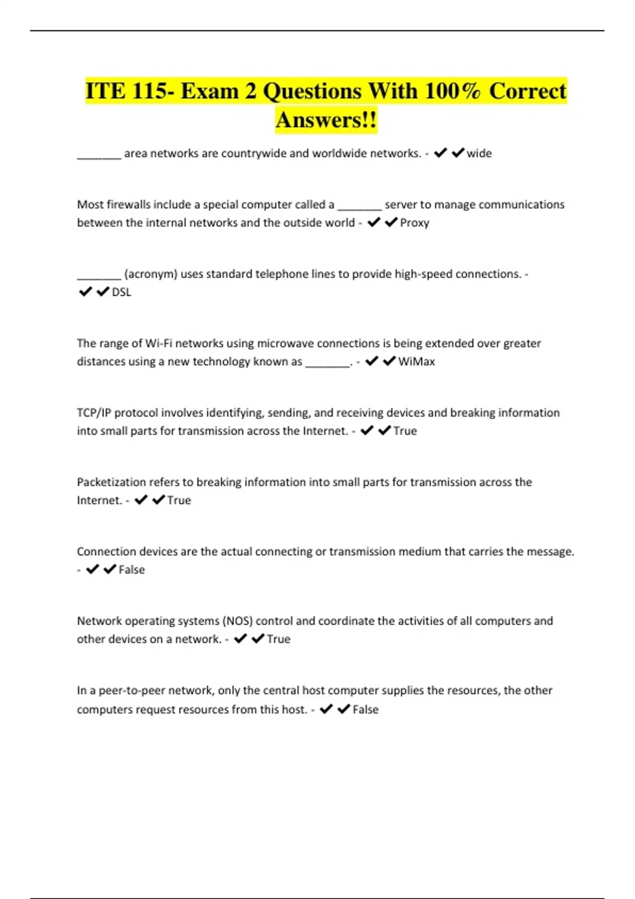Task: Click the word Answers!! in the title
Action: [326, 120]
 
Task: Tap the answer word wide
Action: [479, 153]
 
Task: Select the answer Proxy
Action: [414, 223]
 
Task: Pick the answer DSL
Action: [121, 292]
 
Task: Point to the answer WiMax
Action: [416, 362]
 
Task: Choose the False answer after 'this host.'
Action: [365, 710]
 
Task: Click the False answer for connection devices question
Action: [131, 570]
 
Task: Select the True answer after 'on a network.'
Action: [278, 639]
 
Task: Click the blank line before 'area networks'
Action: [99, 157]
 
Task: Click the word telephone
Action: [286, 274]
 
